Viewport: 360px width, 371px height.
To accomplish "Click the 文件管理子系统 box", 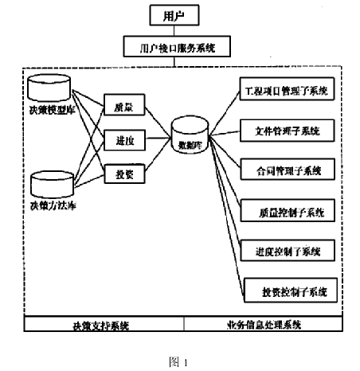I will (287, 129).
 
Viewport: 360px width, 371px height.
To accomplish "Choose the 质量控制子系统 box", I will (287, 212).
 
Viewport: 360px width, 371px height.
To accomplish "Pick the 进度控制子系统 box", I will (287, 252).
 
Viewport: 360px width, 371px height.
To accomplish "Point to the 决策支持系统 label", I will (101, 325).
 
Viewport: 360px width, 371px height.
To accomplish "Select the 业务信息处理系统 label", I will (263, 325).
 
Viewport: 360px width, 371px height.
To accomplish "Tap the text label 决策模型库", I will (49, 108).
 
